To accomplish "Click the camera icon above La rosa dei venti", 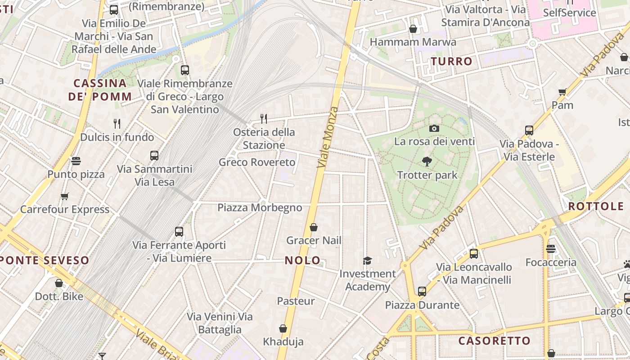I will pos(434,128).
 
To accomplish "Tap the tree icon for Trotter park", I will pos(427,162).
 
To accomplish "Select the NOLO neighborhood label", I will pos(303,260).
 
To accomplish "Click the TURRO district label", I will pos(452,61).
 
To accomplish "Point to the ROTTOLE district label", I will pos(596,207).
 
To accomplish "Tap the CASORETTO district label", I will pos(495,341).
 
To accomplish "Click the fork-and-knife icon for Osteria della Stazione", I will pos(264,118).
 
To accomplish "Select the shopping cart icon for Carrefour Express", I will pos(65,196).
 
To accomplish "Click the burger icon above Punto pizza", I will pos(76,161).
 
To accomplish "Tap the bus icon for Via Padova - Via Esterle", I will pos(529,130).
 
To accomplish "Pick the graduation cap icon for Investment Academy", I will pos(368,261).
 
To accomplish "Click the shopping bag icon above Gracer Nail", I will pos(314,227).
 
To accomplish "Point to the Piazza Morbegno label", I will pos(260,207).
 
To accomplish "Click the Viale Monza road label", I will pos(327,138).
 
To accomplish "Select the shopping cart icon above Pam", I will pos(562,92).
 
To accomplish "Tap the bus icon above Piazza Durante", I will pos(422,292).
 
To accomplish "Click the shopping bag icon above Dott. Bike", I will pos(59,283).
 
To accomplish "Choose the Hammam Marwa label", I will pos(413,42).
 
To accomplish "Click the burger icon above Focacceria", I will pos(551,249).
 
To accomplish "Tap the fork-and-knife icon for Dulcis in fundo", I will pos(117,123).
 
